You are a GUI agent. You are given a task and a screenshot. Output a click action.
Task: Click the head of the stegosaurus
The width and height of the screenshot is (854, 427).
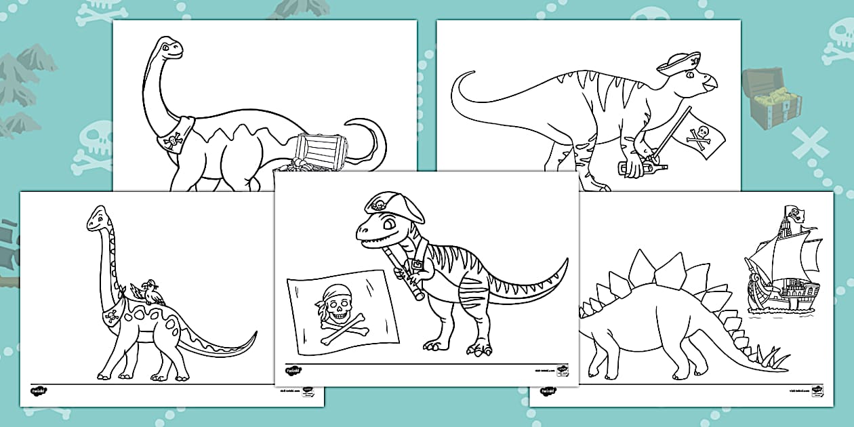pyautogui.click(x=586, y=311)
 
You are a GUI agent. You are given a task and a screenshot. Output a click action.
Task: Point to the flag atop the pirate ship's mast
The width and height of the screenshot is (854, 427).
pyautogui.click(x=795, y=214)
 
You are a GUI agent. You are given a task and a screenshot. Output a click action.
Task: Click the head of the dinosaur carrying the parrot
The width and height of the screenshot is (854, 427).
pyautogui.click(x=97, y=217)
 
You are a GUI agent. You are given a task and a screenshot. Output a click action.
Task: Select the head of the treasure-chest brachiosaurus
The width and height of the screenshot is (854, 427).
pyautogui.click(x=167, y=48)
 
